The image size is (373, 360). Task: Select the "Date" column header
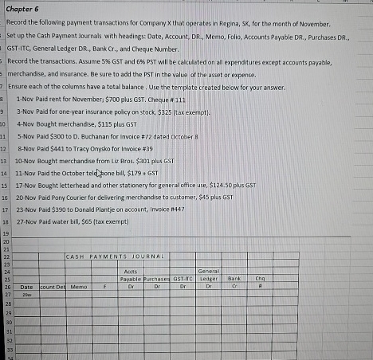(26, 284)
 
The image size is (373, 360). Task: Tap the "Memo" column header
(78, 284)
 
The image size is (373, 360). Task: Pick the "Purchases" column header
(157, 278)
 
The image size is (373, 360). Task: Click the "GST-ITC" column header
(183, 278)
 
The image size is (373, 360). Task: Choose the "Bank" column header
(234, 278)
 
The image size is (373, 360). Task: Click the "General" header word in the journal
(208, 272)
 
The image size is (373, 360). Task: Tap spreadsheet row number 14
(4, 172)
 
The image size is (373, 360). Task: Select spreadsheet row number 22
(4, 255)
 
